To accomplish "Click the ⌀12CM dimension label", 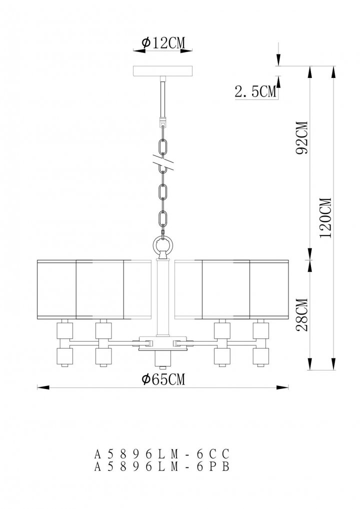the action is [x=163, y=43].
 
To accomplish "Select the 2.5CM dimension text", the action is [x=256, y=91].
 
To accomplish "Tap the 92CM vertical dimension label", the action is [x=302, y=138].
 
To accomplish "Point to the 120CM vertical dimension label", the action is [x=325, y=218].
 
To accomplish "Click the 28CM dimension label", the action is [x=302, y=315].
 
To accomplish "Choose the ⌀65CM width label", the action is [x=163, y=379].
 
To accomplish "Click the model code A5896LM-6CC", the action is [x=162, y=453].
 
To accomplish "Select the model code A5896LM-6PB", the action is [x=162, y=466].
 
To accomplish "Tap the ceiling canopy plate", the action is [x=163, y=71].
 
